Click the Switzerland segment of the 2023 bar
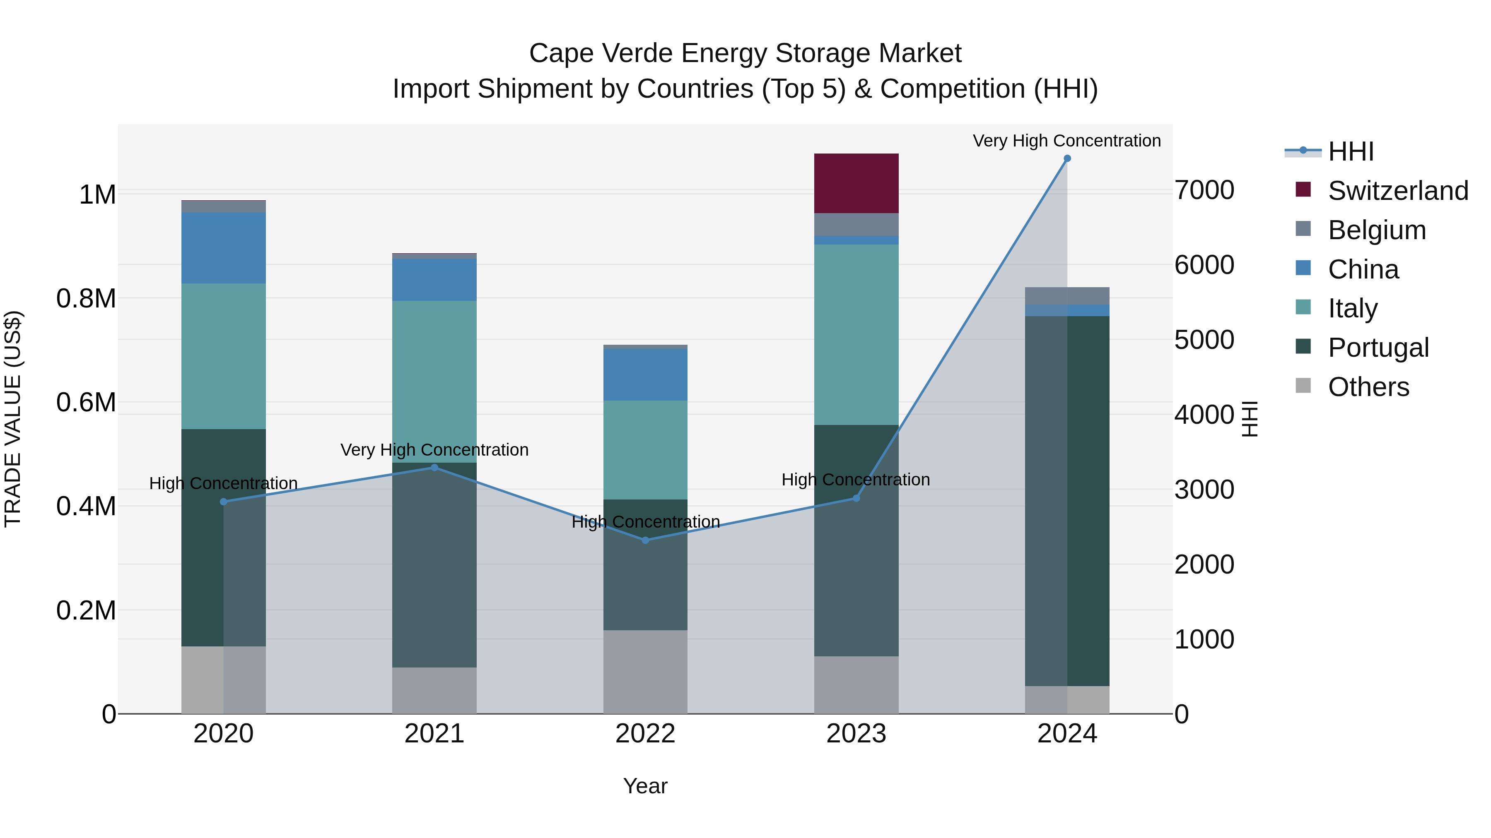(856, 183)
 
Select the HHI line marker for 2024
(1067, 158)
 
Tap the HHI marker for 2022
(645, 540)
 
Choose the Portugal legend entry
(1378, 348)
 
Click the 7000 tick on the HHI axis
(1204, 190)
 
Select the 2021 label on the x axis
(434, 734)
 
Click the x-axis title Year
(645, 786)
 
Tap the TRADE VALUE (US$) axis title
(13, 419)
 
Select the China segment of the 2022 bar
(645, 375)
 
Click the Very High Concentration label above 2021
(434, 449)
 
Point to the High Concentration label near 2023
(856, 480)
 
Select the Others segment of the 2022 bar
(645, 672)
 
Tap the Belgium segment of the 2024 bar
(1067, 295)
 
